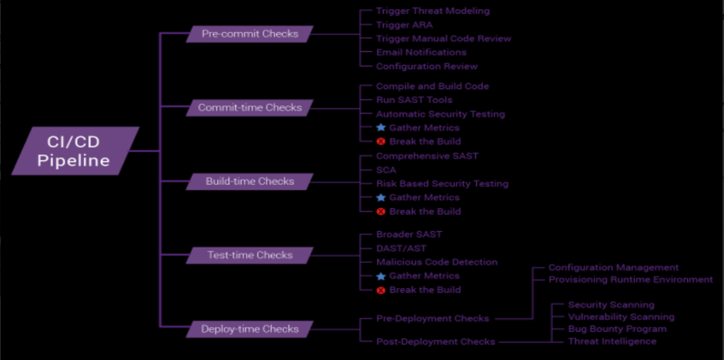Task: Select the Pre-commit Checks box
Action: [x=250, y=34]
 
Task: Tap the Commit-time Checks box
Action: [x=250, y=108]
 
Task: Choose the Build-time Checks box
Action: [x=250, y=182]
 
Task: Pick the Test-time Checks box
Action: [x=250, y=255]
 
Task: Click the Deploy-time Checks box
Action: [x=250, y=329]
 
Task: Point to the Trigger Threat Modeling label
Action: [x=432, y=11]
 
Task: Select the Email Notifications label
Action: [x=421, y=52]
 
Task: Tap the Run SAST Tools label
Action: [x=414, y=100]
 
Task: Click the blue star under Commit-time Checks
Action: [x=381, y=128]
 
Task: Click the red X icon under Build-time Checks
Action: [x=381, y=211]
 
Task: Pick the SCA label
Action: [x=386, y=170]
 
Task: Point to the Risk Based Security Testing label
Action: [x=441, y=184]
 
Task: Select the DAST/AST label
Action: [x=400, y=248]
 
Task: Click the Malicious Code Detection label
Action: [x=436, y=262]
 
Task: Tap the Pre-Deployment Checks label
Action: [x=431, y=318]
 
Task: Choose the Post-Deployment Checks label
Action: [x=435, y=342]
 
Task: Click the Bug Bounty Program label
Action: [x=617, y=329]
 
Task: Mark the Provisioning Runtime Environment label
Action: [x=630, y=280]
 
